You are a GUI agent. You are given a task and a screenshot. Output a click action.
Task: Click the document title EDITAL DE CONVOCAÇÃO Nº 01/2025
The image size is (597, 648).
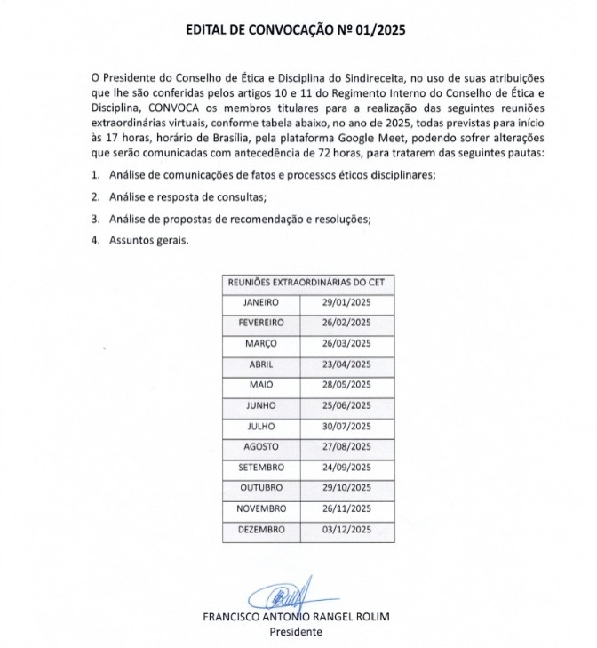(298, 29)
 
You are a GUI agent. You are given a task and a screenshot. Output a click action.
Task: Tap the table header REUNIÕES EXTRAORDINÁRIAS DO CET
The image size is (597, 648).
(309, 282)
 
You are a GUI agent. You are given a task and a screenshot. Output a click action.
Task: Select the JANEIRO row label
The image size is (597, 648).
(260, 302)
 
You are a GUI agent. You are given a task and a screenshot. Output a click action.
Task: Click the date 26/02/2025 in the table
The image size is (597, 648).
(346, 323)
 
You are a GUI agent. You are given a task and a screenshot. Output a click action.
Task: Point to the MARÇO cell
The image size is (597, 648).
(260, 343)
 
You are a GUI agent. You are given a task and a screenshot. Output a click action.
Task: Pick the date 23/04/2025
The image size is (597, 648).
(346, 364)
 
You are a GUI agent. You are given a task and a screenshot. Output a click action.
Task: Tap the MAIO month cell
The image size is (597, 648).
(260, 385)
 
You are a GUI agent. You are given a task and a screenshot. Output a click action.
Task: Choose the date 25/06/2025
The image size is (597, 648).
(346, 405)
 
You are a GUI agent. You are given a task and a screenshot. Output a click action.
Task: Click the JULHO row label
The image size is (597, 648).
(260, 426)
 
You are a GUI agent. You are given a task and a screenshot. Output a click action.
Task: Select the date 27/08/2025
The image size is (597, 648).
(346, 446)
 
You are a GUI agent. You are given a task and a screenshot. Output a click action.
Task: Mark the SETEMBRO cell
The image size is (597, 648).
(260, 467)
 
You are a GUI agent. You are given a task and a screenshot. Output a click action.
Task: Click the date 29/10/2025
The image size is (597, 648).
(346, 488)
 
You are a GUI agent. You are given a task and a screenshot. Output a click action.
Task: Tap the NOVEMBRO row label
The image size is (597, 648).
(260, 508)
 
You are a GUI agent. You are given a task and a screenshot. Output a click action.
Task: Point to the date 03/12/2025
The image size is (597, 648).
(346, 529)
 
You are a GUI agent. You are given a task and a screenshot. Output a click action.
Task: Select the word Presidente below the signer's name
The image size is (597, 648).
(297, 632)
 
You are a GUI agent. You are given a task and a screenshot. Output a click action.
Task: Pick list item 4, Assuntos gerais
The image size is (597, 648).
(149, 241)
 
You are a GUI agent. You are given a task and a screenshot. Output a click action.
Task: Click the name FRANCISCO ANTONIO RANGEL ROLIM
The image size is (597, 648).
(297, 617)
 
